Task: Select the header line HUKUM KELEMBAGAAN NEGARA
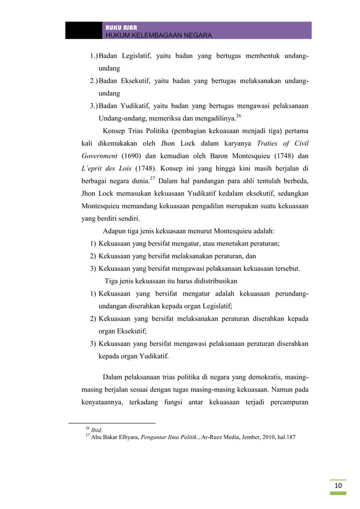pos(159,36)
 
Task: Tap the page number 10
pos(338,487)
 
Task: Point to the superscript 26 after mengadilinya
pos(239,116)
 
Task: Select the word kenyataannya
pos(100,402)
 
